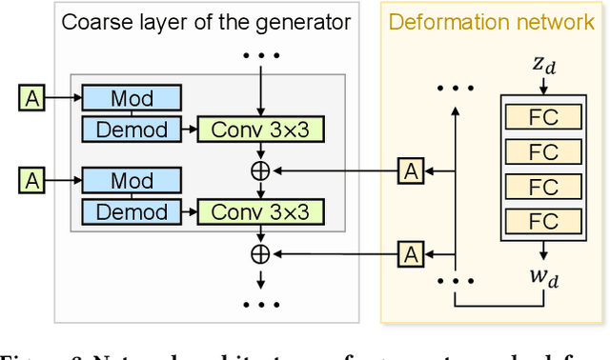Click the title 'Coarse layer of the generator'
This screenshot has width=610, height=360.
[206, 22]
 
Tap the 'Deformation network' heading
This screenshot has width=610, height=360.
[492, 22]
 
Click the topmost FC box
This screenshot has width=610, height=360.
[542, 118]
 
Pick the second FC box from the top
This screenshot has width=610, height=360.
[542, 151]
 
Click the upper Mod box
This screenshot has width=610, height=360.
[132, 97]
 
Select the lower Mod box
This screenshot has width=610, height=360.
[132, 181]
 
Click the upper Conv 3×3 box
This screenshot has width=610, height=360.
[260, 127]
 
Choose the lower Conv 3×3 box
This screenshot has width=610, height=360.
[260, 210]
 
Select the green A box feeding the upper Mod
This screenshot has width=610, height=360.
[31, 96]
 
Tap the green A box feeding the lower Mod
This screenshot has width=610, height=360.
[31, 180]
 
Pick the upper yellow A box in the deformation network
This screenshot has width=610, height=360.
[410, 170]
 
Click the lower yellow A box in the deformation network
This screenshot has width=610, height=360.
[410, 254]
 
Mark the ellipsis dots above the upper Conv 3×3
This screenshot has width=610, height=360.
[259, 54]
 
